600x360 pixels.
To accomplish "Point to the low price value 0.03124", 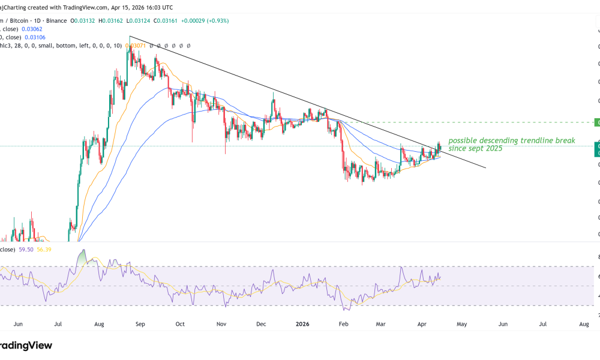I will click(140, 20).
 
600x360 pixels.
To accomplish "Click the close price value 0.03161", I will click(167, 20).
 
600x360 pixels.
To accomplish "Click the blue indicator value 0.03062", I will click(31, 28).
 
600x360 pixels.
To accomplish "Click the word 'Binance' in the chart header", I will click(56, 20).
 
